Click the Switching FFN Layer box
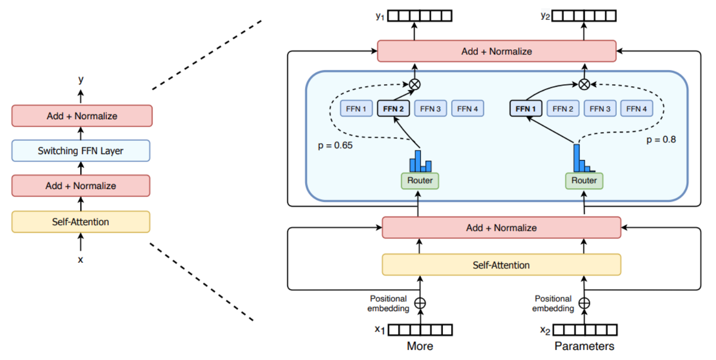[80, 151]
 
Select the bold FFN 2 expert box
[393, 108]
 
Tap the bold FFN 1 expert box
[526, 108]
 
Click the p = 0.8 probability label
[661, 140]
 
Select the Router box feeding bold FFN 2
[420, 180]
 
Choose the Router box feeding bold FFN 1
[584, 180]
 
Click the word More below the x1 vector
[420, 346]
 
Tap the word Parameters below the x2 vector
[584, 346]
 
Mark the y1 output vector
[420, 16]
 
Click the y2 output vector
[584, 16]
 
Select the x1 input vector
[420, 330]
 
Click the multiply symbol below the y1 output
[414, 84]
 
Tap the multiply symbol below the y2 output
[584, 84]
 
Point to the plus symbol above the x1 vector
[420, 302]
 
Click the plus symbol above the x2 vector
[584, 302]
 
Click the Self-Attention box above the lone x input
[80, 222]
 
